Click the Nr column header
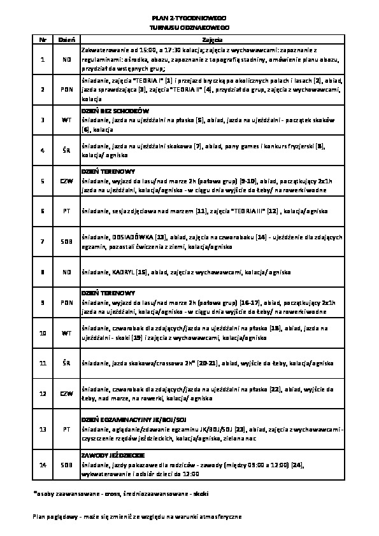(x=42, y=39)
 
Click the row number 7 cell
(x=42, y=242)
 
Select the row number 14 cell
(x=42, y=466)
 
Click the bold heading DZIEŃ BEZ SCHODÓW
(x=115, y=110)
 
